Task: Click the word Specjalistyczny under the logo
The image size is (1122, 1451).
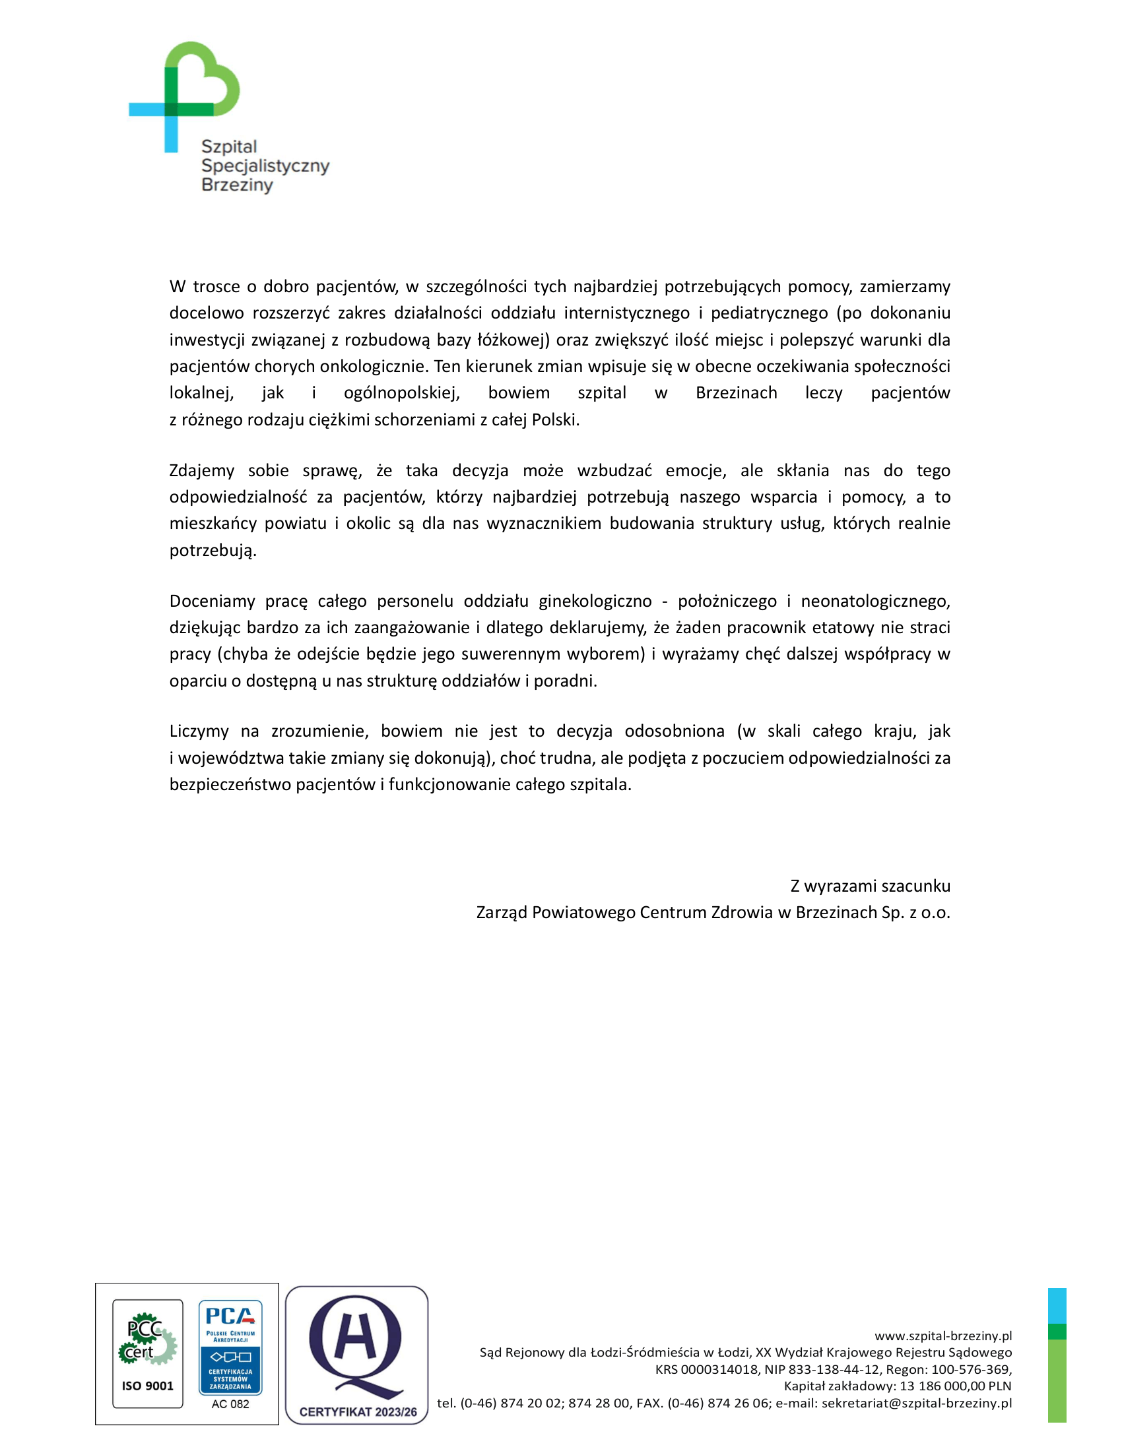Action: click(x=265, y=166)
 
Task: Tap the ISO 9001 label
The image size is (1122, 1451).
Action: click(x=148, y=1386)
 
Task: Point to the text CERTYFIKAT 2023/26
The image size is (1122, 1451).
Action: click(x=358, y=1412)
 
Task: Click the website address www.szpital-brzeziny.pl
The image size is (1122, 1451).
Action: click(x=942, y=1336)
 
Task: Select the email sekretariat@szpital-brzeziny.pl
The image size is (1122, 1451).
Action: click(x=917, y=1403)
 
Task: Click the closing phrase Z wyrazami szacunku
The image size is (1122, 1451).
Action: click(x=870, y=886)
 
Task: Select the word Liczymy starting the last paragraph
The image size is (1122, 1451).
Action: click(x=199, y=731)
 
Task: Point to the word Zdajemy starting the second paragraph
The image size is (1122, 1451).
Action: click(x=201, y=470)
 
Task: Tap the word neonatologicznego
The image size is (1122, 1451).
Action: click(x=874, y=602)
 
